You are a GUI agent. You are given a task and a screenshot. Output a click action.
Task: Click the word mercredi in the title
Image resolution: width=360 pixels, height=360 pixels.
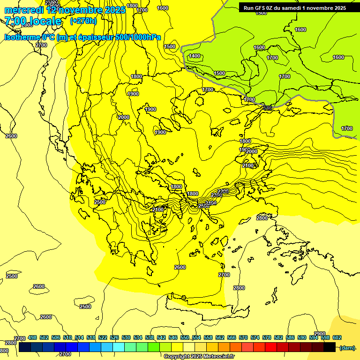[24, 9]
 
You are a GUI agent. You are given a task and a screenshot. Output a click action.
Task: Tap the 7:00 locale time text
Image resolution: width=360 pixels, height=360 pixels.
[33, 21]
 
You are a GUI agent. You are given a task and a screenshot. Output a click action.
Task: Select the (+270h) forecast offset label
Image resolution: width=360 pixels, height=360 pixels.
[83, 21]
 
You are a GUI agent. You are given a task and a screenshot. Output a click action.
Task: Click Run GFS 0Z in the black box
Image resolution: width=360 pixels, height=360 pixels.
[261, 8]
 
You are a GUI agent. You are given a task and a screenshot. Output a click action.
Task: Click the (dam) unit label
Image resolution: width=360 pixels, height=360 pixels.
[347, 348]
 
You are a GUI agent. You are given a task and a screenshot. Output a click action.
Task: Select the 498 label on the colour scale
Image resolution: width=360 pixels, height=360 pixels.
[32, 337]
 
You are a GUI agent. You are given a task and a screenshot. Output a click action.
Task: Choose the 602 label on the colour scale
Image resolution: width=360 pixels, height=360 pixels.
[337, 337]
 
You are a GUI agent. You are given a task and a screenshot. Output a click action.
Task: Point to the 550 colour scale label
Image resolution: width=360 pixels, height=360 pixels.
[185, 337]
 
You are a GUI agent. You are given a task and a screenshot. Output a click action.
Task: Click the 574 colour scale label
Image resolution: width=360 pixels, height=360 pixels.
[255, 337]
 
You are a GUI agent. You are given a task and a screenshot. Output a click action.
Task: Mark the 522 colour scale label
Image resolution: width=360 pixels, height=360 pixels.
[103, 337]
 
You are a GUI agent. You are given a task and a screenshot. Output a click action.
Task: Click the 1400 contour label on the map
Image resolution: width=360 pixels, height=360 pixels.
[194, 56]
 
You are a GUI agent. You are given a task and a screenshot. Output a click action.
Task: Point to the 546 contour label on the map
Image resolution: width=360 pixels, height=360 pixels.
[267, 108]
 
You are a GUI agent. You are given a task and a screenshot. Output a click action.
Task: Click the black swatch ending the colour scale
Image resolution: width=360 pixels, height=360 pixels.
[330, 347]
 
